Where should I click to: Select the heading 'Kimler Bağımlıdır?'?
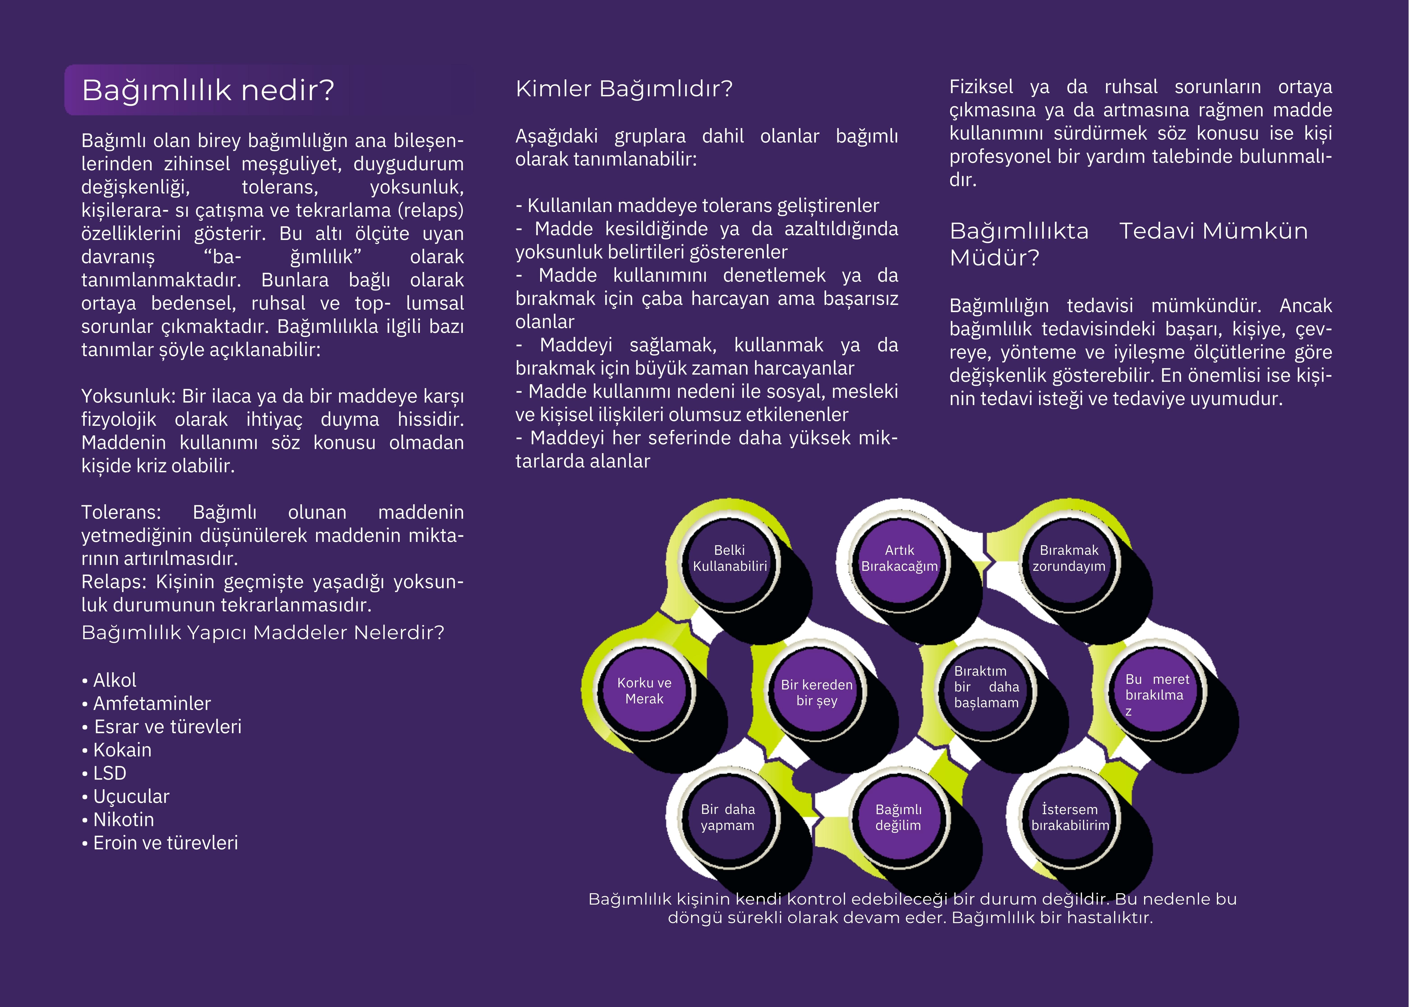[x=624, y=89]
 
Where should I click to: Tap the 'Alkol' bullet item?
[x=115, y=680]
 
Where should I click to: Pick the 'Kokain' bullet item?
[x=122, y=750]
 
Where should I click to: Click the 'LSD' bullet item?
[x=110, y=773]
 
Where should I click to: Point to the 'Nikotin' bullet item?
[x=123, y=820]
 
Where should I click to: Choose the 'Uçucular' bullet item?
[x=131, y=796]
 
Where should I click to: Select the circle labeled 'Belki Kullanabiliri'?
[x=730, y=558]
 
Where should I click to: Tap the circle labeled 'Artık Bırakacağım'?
[x=900, y=558]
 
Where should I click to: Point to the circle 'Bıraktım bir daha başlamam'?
[x=986, y=687]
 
